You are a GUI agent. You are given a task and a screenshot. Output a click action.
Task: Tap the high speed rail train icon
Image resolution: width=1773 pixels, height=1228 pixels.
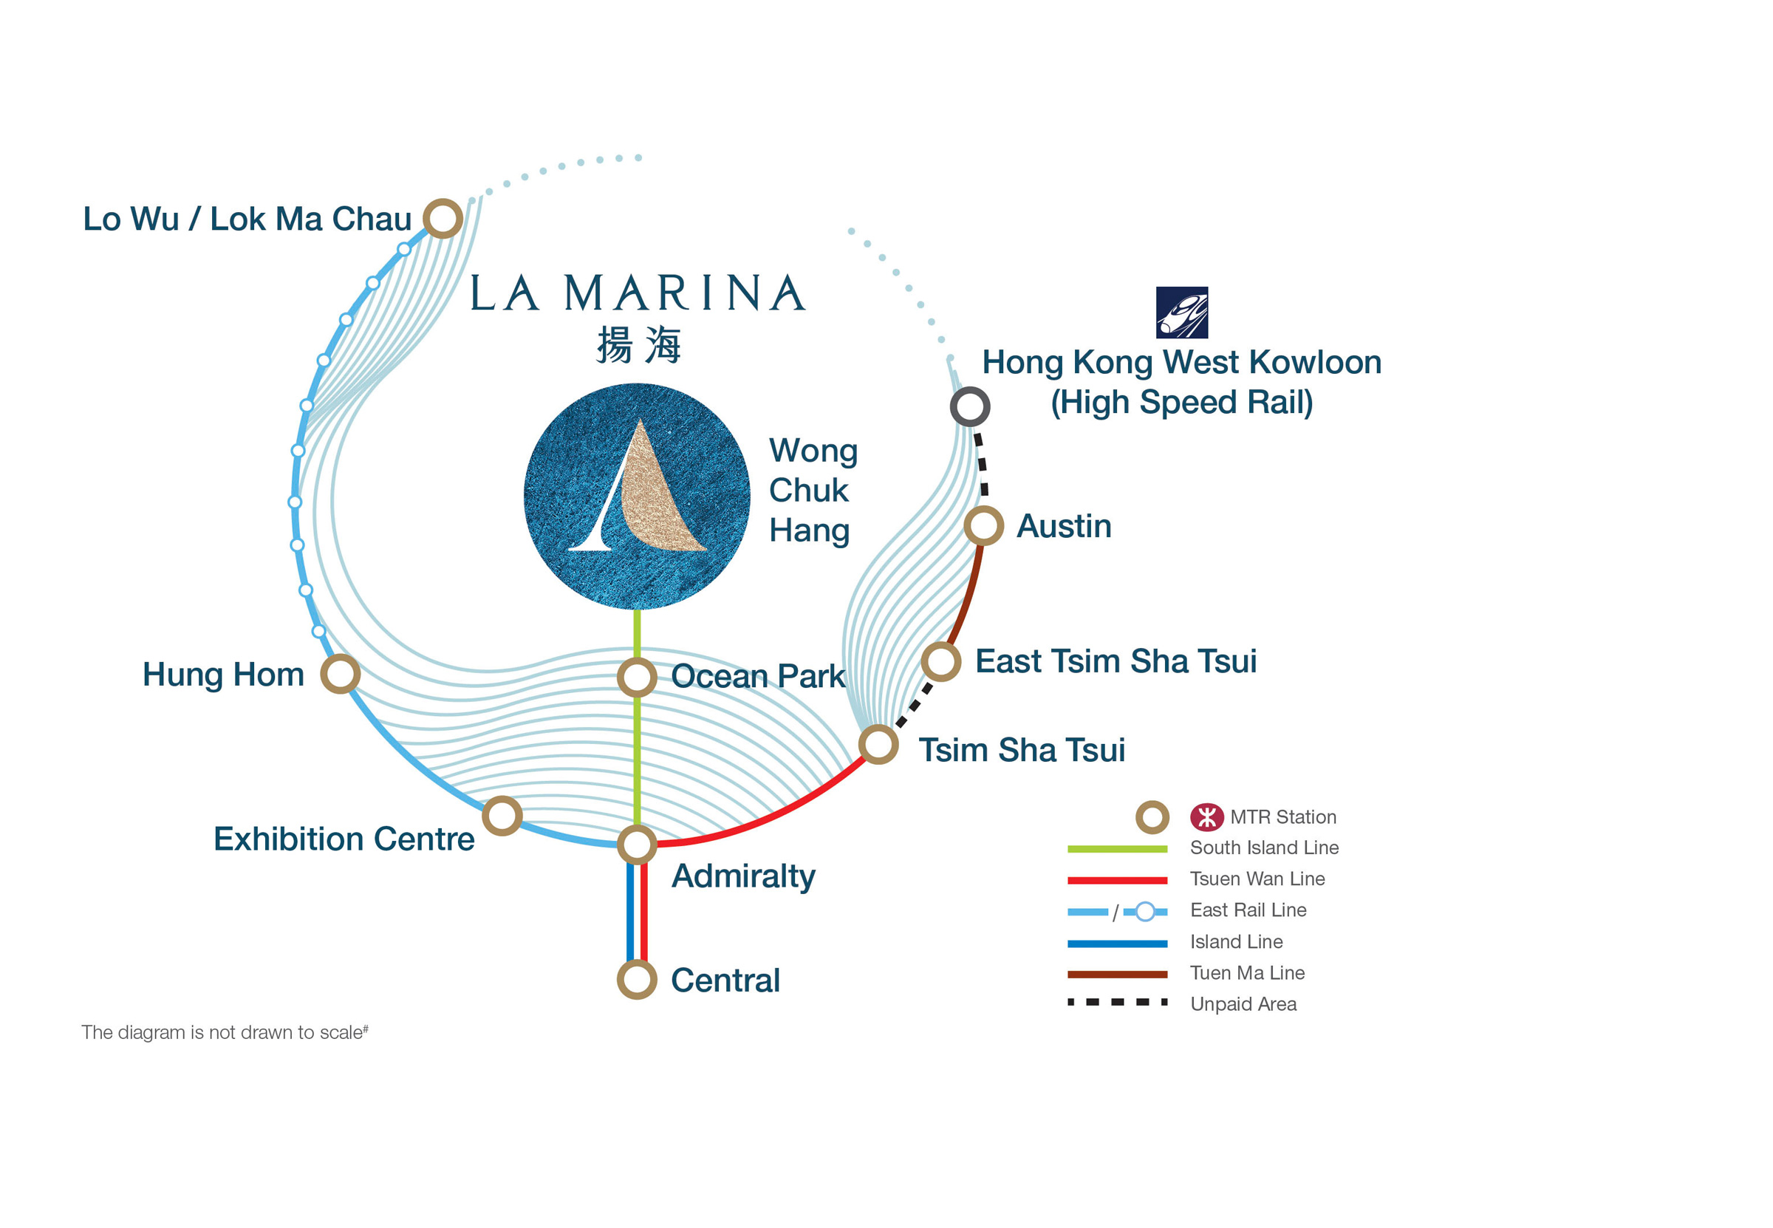(1181, 313)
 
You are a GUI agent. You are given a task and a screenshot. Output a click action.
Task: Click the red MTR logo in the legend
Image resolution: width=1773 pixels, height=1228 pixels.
(1207, 817)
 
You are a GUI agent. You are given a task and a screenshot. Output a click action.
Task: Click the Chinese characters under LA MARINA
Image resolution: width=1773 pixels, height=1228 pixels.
(638, 344)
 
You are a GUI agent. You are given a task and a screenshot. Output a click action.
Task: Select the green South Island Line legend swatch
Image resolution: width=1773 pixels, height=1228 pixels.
(1117, 849)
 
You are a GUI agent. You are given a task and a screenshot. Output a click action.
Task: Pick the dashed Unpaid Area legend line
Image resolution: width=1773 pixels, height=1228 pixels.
(1117, 1002)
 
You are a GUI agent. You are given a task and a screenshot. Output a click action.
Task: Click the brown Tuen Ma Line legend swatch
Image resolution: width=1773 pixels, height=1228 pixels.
(1117, 974)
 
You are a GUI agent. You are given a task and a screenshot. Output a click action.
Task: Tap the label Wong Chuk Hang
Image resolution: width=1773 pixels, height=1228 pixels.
(813, 490)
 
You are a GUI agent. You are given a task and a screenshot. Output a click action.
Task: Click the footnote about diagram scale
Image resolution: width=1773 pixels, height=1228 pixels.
(225, 1031)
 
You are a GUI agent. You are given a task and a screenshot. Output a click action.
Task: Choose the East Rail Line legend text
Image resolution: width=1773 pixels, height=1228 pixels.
(1248, 910)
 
